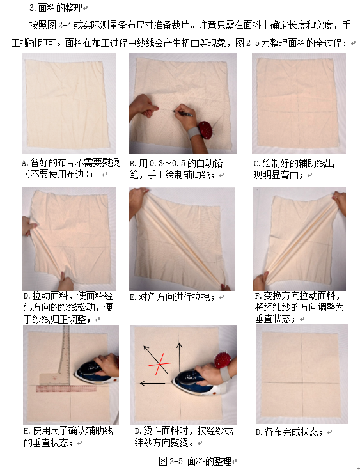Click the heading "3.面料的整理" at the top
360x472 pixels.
56,8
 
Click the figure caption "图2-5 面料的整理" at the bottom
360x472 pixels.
195,461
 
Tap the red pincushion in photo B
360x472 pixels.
205,130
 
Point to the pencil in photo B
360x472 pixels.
183,113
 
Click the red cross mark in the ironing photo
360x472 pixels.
159,364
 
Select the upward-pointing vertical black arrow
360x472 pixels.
180,358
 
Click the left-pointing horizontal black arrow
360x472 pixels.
153,383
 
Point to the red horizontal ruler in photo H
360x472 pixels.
67,389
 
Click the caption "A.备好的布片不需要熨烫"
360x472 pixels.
71,163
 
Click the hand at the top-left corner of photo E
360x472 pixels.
137,200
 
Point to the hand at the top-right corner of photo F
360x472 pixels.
339,201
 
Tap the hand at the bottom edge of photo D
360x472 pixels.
66,282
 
